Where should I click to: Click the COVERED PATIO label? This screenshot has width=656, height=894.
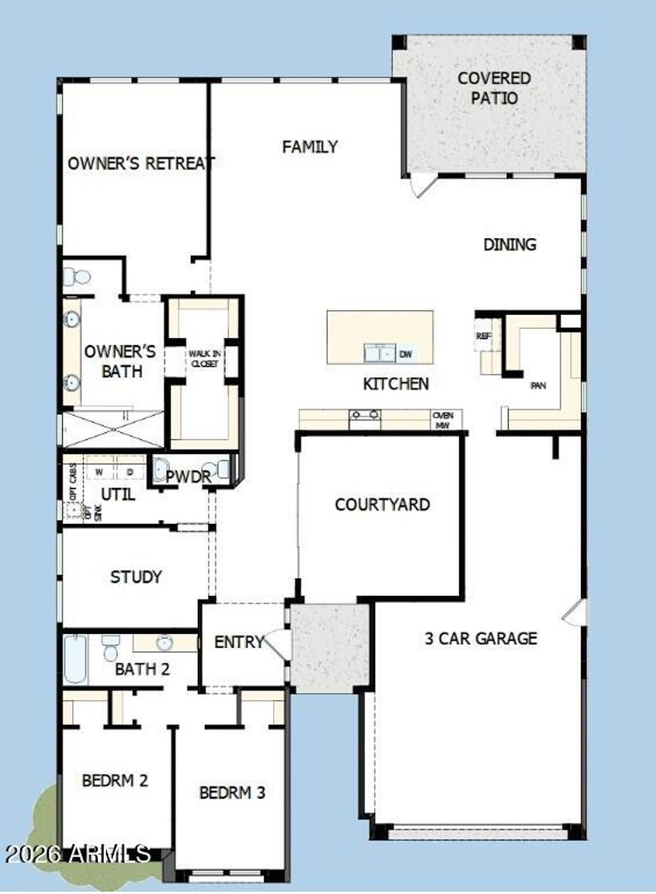click(x=494, y=88)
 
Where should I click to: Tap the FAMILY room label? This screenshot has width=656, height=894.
click(x=309, y=147)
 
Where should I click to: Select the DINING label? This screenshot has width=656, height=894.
click(x=509, y=244)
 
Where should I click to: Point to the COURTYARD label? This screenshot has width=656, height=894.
click(x=382, y=505)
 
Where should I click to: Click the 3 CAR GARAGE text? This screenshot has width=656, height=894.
click(x=480, y=638)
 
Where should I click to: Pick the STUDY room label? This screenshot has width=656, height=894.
click(x=136, y=577)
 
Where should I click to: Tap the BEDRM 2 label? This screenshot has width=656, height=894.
click(x=115, y=780)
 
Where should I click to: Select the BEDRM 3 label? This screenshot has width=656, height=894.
click(x=232, y=792)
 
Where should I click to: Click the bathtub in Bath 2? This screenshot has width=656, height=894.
click(x=75, y=659)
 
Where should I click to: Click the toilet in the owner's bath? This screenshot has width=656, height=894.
click(x=77, y=277)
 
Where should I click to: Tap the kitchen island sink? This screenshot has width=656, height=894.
click(x=379, y=353)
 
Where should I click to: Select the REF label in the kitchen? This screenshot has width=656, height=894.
click(x=484, y=336)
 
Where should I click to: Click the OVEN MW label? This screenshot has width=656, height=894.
click(x=443, y=420)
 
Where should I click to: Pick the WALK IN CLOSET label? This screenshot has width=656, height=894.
click(x=204, y=359)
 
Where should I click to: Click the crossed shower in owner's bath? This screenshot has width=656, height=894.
click(x=113, y=429)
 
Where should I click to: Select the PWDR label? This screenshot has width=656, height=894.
click(x=188, y=476)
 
